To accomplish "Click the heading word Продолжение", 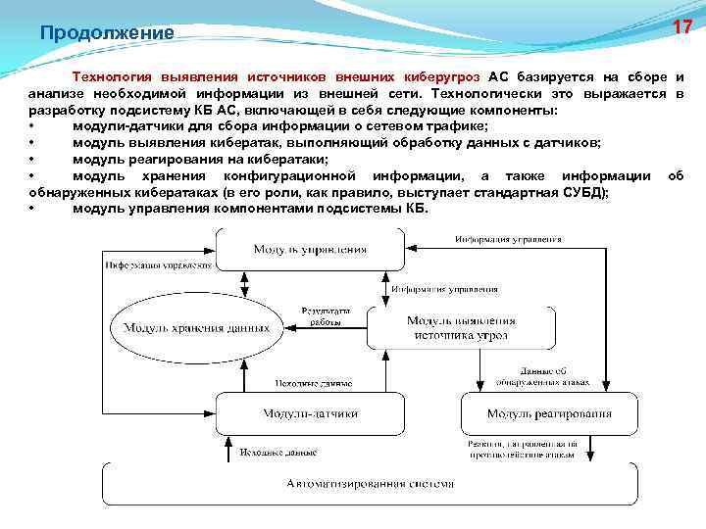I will tap(107, 33).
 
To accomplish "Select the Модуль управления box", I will tap(310, 249).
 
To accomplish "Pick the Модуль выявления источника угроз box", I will tap(461, 327).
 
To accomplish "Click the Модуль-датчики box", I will tap(310, 413).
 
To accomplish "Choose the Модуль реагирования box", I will tap(549, 413).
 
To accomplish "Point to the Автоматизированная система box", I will tap(371, 483).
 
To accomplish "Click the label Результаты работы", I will tap(322, 316).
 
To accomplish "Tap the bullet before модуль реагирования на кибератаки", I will tap(33, 159).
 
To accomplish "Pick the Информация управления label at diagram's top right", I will tap(508, 239).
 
